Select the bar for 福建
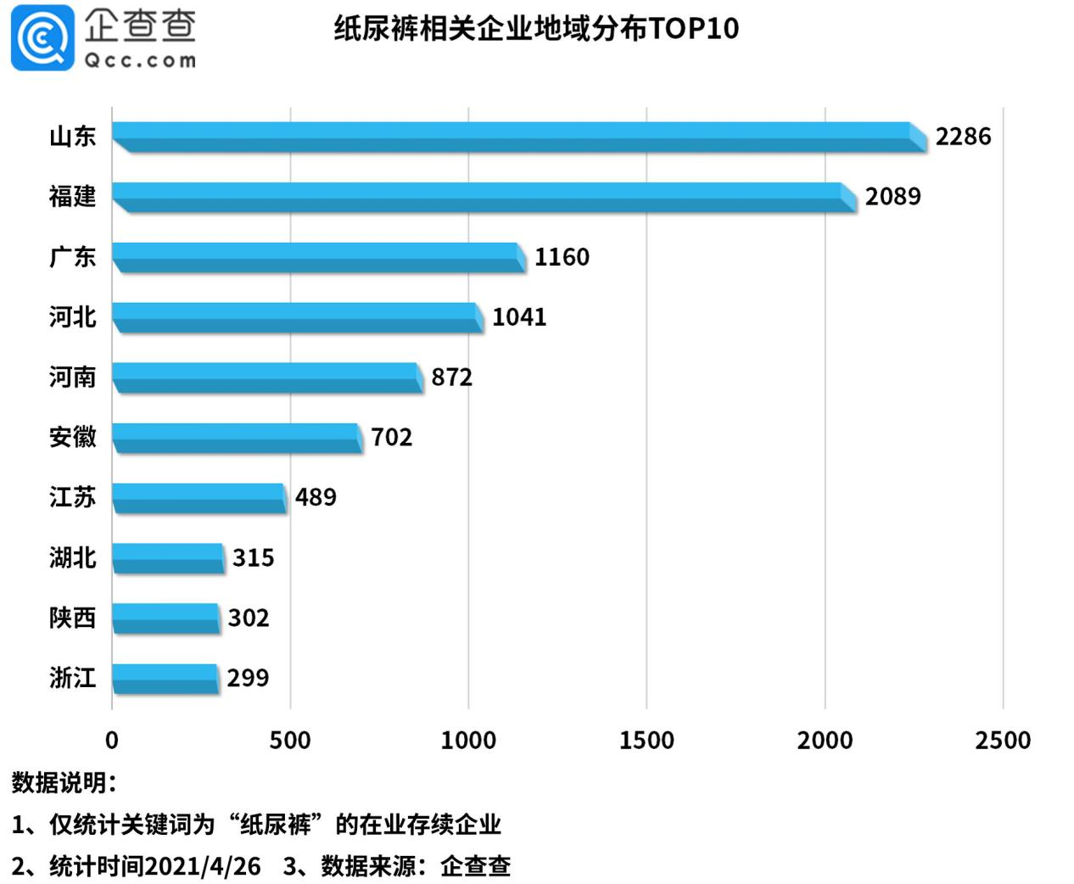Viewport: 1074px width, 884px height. point(484,197)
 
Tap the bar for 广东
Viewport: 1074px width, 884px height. point(318,257)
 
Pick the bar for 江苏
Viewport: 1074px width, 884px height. point(199,498)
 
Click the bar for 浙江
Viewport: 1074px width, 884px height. point(165,679)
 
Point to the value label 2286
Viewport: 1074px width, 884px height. point(963,137)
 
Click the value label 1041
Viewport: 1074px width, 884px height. point(519,317)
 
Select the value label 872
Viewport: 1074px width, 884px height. point(451,378)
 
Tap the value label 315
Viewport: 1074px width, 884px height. point(253,558)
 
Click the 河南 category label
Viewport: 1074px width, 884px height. point(72,378)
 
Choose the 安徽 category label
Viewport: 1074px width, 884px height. point(72,438)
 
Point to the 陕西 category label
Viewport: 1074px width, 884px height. point(72,618)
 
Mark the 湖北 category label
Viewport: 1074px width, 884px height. point(72,558)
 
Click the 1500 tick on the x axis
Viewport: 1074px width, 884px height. point(646,741)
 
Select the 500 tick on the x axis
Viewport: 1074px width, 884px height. point(290,741)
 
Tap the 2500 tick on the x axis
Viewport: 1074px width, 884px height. point(1003,741)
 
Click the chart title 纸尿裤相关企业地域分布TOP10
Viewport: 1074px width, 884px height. point(536,29)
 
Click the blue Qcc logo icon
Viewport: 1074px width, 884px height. point(42,38)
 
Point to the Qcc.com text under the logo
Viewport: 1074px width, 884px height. point(140,61)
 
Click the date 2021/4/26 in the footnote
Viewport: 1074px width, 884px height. point(202,866)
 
